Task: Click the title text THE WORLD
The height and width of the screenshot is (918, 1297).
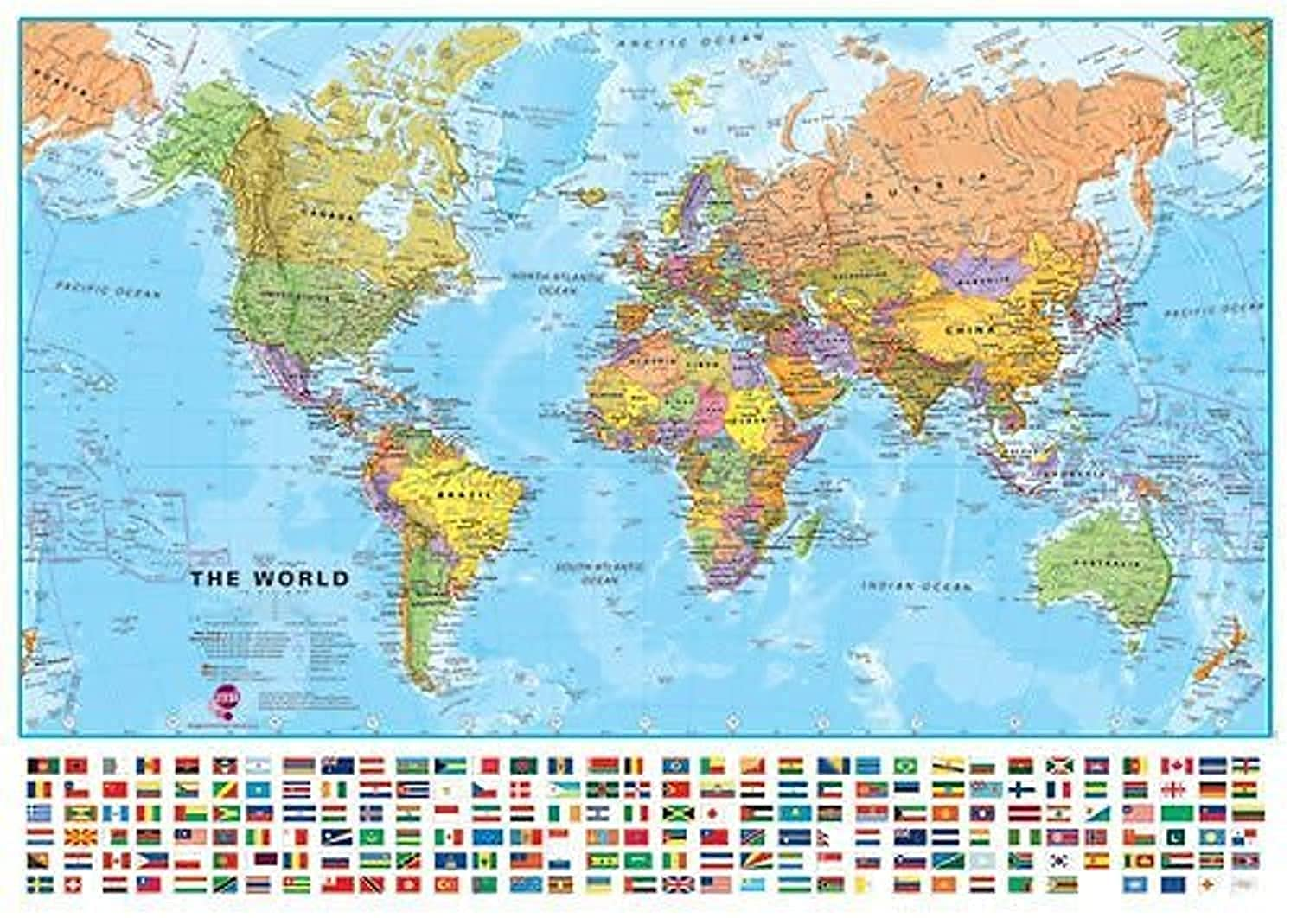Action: click(x=270, y=578)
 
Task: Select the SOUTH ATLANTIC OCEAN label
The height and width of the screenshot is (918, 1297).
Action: click(x=600, y=574)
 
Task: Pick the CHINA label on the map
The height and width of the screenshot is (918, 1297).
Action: click(x=970, y=329)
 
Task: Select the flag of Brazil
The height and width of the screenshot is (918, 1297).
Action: click(x=905, y=766)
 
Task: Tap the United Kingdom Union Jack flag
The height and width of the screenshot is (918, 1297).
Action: click(x=678, y=884)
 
